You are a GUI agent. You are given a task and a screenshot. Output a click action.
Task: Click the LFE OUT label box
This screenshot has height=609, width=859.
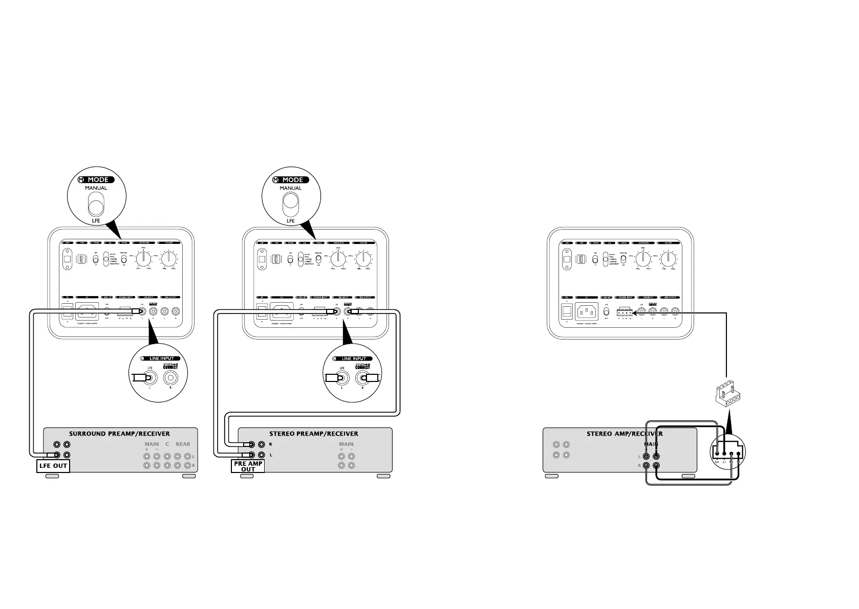(x=53, y=466)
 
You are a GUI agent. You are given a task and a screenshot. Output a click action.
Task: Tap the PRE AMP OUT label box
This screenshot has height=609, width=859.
(x=248, y=466)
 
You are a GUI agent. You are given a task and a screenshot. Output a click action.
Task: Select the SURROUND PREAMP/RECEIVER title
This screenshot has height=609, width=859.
(x=119, y=434)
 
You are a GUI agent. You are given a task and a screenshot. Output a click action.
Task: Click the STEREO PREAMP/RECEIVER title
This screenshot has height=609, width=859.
(x=314, y=434)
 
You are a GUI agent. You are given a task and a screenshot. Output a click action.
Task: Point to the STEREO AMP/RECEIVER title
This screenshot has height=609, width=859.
(x=625, y=434)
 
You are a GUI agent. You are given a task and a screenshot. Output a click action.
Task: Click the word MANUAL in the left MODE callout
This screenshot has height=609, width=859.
(x=96, y=188)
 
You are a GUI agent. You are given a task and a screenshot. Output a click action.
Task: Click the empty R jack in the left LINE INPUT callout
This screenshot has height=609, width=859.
(x=170, y=378)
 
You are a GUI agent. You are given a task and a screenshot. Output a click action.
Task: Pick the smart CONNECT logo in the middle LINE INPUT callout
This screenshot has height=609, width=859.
(x=363, y=366)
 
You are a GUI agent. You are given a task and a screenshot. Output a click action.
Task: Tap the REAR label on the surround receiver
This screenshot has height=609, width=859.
(x=183, y=444)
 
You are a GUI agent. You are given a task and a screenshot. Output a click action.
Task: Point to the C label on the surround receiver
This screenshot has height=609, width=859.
(x=167, y=444)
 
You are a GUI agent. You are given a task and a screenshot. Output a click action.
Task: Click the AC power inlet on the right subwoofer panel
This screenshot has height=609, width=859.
(x=587, y=311)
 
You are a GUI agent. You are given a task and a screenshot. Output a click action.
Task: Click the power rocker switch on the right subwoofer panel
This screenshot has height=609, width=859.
(x=567, y=311)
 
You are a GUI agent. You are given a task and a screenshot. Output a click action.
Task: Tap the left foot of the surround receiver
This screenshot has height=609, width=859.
(x=52, y=477)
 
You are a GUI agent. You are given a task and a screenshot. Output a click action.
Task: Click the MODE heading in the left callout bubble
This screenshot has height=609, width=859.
(x=98, y=180)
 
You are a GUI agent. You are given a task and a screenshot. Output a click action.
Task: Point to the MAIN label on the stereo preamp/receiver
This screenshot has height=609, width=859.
(x=346, y=444)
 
